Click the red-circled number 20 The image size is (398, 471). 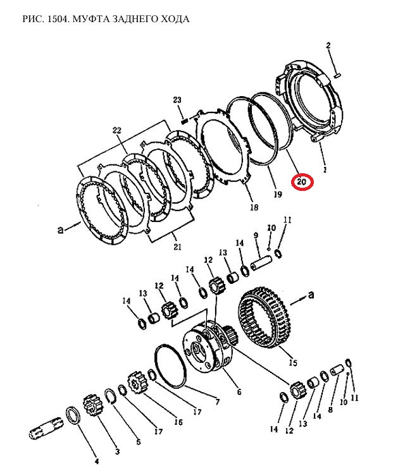tap(302, 181)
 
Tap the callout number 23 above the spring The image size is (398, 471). tap(177, 100)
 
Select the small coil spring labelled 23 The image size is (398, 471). tap(185, 120)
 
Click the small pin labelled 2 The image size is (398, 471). tap(337, 75)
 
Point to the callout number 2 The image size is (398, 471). tap(328, 46)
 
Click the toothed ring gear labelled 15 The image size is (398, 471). tap(264, 317)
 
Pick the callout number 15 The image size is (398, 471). tap(293, 362)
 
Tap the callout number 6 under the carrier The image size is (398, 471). tap(239, 392)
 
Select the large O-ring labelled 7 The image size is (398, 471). tap(170, 366)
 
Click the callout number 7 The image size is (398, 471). tap(217, 401)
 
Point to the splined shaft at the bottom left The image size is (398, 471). tap(47, 429)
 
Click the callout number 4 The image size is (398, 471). tap(96, 461)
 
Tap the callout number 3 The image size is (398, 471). tap(117, 451)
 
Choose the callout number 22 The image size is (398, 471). tap(117, 130)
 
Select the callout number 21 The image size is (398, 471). tap(177, 247)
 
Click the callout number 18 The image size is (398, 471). tap(254, 207)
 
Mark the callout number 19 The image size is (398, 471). tap(278, 194)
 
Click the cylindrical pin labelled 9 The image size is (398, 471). tap(261, 260)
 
